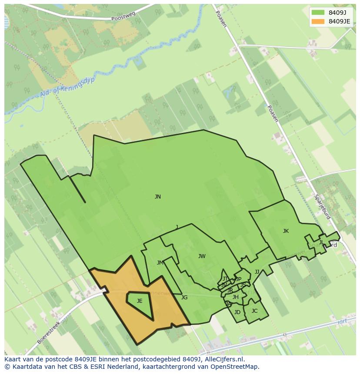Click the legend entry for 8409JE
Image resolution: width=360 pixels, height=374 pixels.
[x=339, y=21]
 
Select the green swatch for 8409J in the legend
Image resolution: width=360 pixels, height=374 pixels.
[x=318, y=13]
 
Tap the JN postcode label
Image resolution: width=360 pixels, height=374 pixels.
[x=158, y=197]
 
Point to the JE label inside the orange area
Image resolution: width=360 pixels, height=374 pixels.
[x=140, y=301]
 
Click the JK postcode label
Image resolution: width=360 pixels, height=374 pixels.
[x=286, y=231]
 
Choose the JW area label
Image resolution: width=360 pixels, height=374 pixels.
[x=202, y=256]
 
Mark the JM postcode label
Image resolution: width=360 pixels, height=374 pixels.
[x=160, y=263]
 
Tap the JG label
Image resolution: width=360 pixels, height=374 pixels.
[x=184, y=298]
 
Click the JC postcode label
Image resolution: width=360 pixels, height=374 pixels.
[x=254, y=311]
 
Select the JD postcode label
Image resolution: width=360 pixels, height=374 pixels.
[x=237, y=312]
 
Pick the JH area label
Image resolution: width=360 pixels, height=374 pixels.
[x=235, y=298]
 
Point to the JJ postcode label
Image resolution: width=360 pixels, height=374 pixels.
[x=257, y=272]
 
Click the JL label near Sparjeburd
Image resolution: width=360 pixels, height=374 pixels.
[x=321, y=242]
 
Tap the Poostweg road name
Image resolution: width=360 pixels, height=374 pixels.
[x=123, y=17]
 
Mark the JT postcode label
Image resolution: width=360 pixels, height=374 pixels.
[x=225, y=279]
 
